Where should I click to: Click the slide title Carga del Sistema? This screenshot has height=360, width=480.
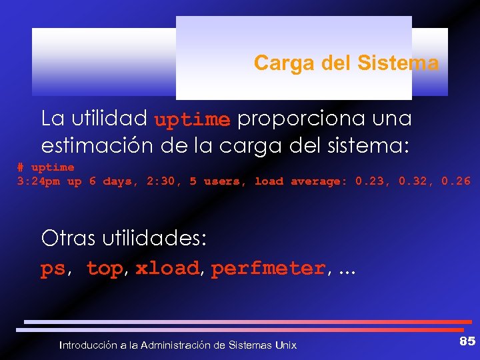346,63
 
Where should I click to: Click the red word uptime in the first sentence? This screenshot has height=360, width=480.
192,120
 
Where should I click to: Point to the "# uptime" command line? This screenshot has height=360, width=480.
45,167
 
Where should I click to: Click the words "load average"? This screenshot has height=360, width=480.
301,181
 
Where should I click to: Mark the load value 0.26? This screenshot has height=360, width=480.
457,181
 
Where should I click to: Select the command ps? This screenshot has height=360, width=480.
53,269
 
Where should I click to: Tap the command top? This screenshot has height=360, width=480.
105,269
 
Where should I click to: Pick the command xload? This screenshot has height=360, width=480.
167,269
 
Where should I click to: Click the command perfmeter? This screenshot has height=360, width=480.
268,269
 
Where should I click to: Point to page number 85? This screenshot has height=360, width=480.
467,341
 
